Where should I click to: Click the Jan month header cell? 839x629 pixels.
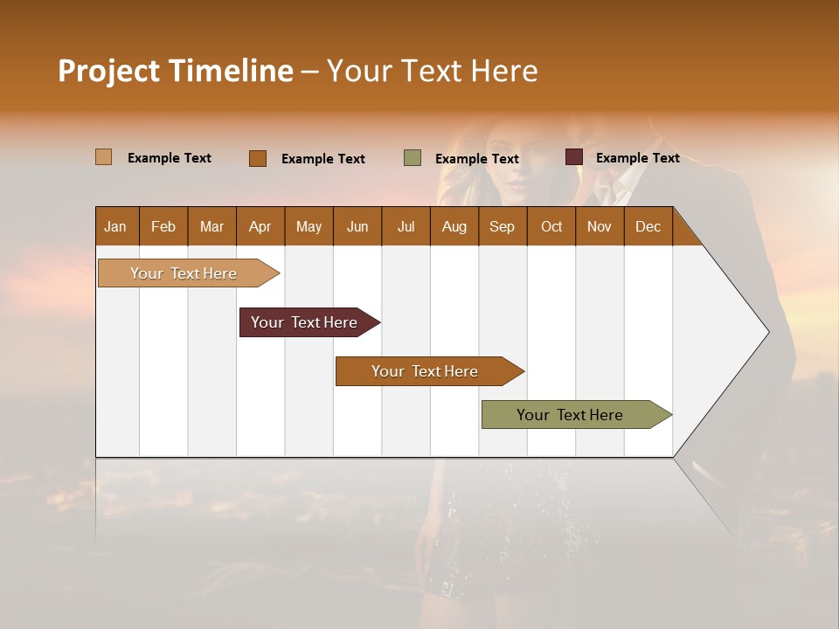tap(116, 226)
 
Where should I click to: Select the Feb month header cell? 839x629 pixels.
tap(163, 226)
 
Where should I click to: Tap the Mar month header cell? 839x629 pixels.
tap(211, 226)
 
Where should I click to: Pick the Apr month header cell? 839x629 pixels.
tap(260, 226)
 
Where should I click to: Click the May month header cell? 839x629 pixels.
tap(309, 226)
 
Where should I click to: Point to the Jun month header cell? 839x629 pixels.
tap(357, 226)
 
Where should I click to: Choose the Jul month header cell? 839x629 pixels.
tap(406, 226)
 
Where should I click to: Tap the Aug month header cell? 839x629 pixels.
tap(454, 226)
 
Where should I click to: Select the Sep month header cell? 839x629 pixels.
tap(503, 226)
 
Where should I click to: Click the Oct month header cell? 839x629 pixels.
tap(551, 226)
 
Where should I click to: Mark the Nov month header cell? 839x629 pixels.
tap(600, 226)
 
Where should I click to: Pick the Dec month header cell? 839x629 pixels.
tap(648, 226)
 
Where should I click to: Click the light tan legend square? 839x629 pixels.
tap(104, 157)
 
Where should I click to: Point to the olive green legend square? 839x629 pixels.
tap(413, 158)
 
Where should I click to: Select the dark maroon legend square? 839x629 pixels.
tap(574, 157)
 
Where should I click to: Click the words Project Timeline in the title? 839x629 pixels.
tap(176, 71)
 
